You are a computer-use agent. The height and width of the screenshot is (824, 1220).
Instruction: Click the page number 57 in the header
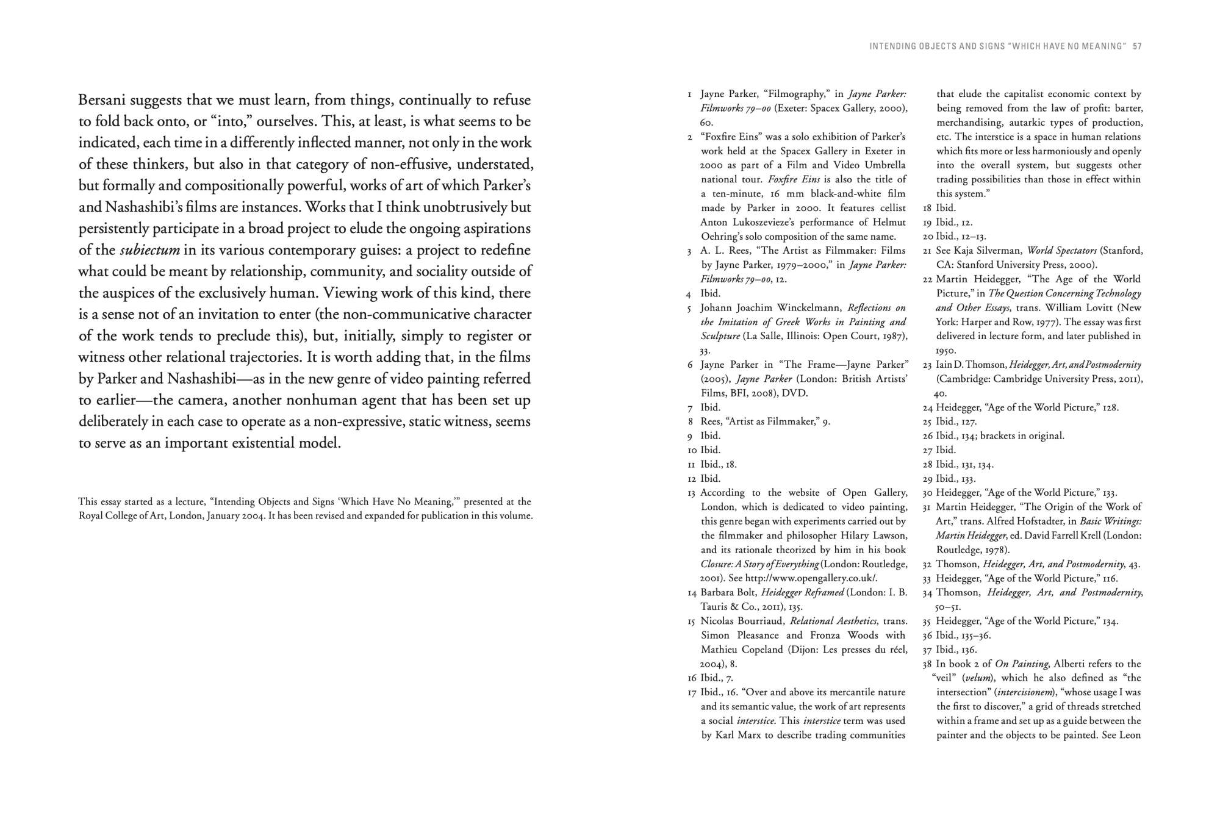coord(1137,46)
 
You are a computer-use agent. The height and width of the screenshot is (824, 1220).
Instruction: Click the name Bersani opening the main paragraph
coord(102,100)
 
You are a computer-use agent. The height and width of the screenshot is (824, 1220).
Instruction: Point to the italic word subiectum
coord(149,250)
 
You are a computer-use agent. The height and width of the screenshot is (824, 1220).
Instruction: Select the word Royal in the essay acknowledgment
coord(91,516)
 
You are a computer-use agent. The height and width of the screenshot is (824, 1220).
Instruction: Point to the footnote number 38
coord(927,664)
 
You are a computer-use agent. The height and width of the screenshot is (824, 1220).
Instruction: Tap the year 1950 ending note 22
coord(946,351)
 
